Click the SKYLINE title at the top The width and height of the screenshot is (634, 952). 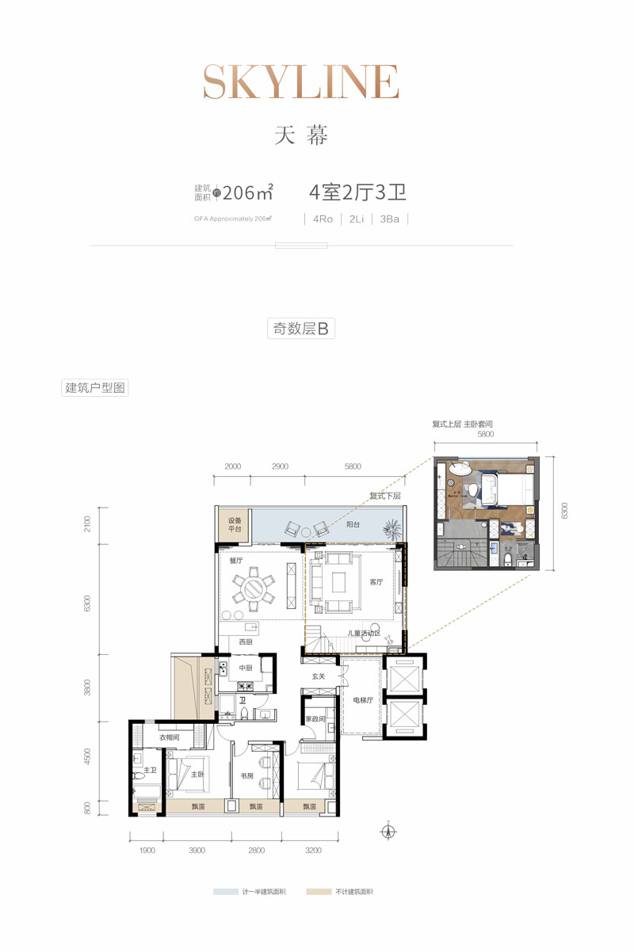click(301, 82)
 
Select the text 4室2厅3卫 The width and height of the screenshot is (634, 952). click(357, 192)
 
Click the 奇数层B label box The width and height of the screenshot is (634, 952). click(300, 329)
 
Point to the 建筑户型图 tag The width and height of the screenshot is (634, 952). click(94, 388)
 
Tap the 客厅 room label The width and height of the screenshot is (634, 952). click(376, 582)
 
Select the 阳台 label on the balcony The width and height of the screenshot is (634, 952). click(353, 524)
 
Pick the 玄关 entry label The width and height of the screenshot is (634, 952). click(319, 676)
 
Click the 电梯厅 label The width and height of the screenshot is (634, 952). click(365, 700)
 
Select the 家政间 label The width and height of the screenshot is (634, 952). click(316, 719)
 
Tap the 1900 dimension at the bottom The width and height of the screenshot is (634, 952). click(147, 851)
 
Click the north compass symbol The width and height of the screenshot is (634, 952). click(388, 832)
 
